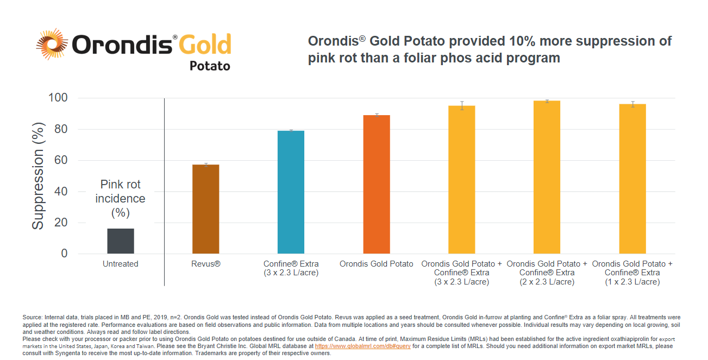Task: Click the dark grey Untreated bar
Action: coord(120,241)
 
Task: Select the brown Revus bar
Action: coord(205,209)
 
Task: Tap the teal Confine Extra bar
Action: coord(291,192)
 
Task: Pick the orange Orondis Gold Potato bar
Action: coord(376,185)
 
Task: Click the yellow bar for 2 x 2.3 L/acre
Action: coord(547,178)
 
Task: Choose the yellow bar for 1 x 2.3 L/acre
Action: coord(632,179)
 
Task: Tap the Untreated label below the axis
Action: coord(120,264)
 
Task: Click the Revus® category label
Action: coord(206,264)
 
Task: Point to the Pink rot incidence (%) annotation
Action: coord(120,199)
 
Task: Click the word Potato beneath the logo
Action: coord(210,66)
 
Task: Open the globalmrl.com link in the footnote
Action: coord(362,346)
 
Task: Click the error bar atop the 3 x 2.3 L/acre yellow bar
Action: coord(462,105)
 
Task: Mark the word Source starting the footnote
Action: coord(31,317)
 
